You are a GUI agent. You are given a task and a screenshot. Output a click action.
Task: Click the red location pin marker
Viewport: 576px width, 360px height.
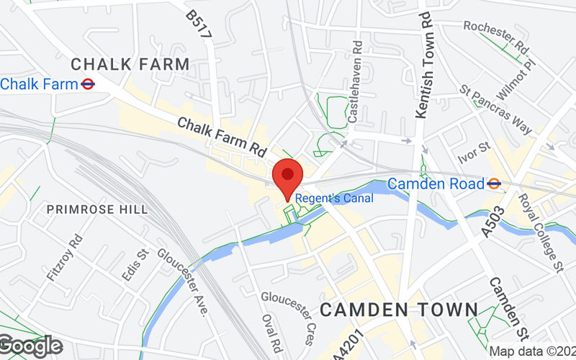point(288,176)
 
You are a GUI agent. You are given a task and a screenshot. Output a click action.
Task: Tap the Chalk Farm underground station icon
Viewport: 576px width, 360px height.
point(88,84)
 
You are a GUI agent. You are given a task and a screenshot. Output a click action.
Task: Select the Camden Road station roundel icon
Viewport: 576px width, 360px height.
point(494,184)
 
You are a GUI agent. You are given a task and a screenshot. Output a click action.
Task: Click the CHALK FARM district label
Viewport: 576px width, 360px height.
point(130,64)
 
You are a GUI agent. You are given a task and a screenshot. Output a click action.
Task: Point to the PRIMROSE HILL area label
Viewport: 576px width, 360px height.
point(97,210)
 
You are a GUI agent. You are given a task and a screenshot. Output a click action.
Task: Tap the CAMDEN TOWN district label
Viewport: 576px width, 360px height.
point(399,310)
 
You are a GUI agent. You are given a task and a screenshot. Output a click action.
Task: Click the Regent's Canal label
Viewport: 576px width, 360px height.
point(336,198)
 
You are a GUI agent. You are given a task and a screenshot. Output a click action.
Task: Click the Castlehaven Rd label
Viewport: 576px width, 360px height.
point(354,79)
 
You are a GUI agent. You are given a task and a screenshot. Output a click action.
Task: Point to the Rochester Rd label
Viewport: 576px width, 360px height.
point(496,35)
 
